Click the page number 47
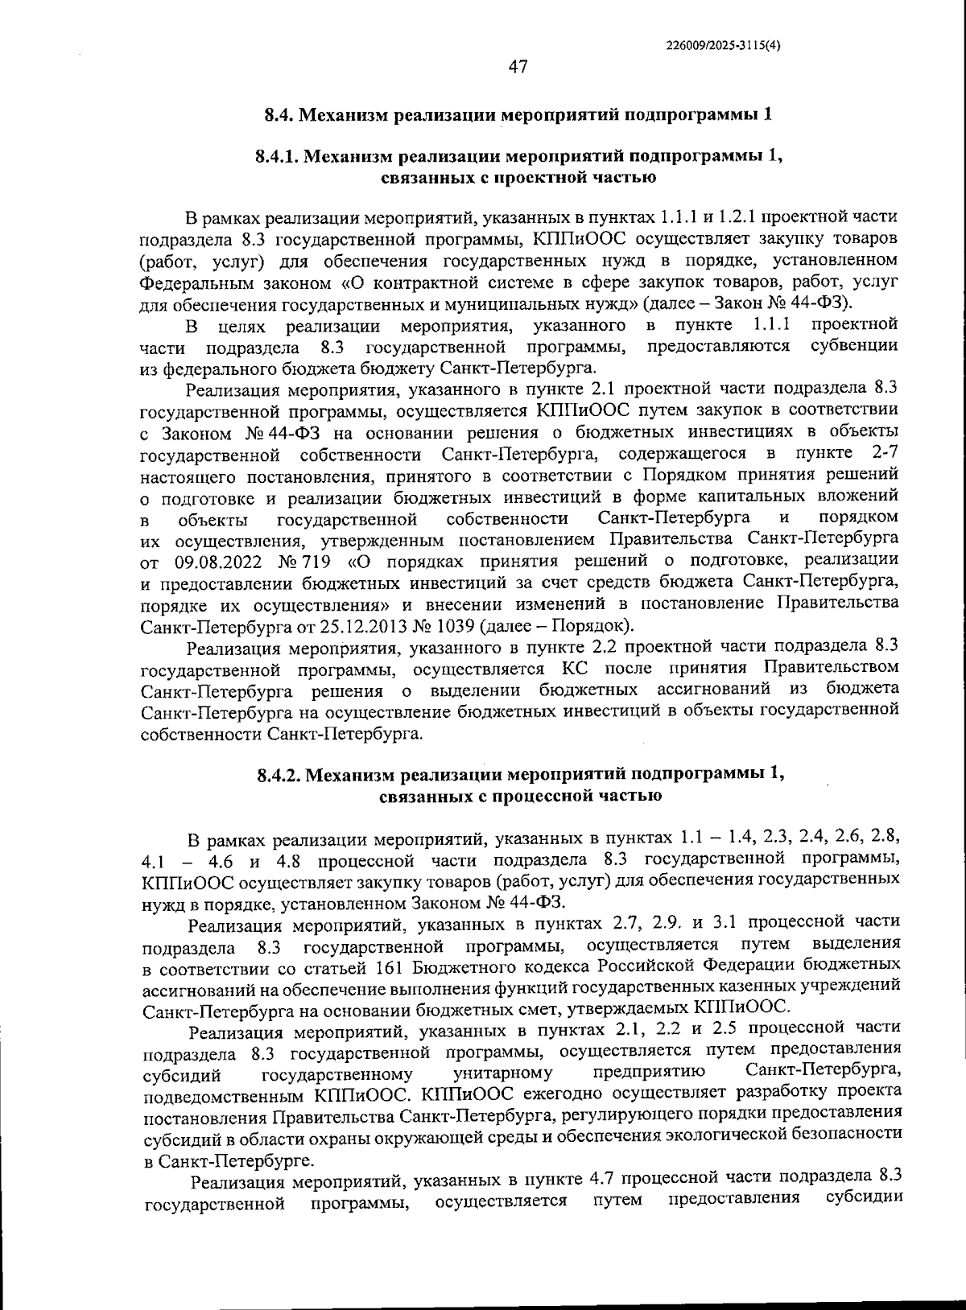pos(518,68)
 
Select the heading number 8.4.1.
pos(277,156)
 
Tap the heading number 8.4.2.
pos(279,775)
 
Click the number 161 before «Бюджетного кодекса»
pos(391,965)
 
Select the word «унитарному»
pos(503,1073)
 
